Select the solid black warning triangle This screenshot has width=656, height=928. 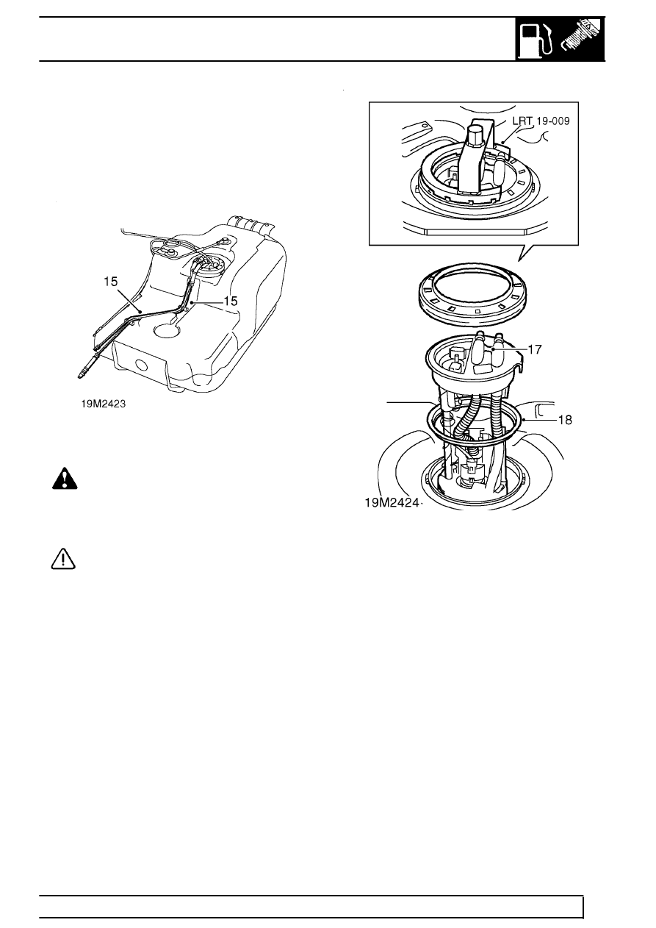[65, 479]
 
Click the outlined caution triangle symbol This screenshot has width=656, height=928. [65, 560]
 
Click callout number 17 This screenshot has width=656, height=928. [535, 350]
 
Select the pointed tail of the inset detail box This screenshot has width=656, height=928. [524, 254]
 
